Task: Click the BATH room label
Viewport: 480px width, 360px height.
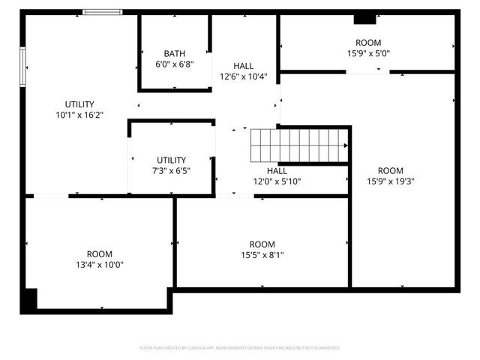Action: pos(175,53)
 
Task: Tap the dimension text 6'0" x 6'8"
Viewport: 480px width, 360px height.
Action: pos(175,64)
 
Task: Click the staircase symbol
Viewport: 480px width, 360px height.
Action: pos(299,145)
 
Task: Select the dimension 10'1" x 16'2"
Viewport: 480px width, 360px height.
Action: pos(79,115)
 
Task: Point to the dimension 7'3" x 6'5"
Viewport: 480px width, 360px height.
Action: pos(172,171)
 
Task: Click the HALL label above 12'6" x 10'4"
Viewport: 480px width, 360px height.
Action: pos(243,65)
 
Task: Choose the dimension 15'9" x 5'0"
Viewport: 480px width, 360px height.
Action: pos(368,54)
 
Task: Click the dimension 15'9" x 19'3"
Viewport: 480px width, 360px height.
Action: pos(391,181)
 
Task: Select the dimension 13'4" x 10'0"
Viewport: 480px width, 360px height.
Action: pos(100,265)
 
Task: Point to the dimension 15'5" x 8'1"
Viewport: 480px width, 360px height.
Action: pos(262,255)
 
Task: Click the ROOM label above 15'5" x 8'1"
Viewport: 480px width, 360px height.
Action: pos(262,244)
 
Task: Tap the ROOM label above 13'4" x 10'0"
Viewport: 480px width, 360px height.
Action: pos(100,254)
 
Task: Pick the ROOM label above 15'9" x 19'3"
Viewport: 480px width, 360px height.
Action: pos(391,170)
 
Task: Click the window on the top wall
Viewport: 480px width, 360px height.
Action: pos(103,12)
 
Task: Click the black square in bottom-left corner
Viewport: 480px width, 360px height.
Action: pos(28,301)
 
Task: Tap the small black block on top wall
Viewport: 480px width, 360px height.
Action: pos(364,18)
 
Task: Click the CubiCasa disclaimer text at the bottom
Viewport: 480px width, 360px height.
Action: pos(240,348)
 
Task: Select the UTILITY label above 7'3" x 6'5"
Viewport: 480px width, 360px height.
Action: pos(172,160)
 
